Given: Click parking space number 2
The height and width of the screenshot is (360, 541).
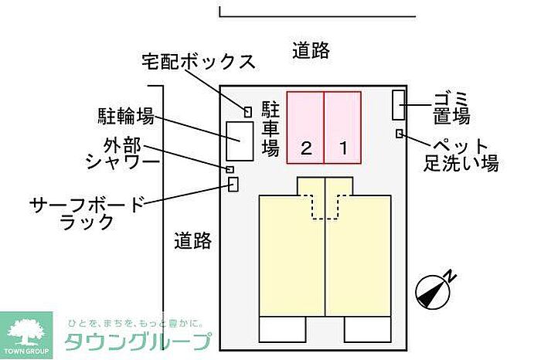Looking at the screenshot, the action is coord(306,127).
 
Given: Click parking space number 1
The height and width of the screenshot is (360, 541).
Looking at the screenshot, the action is coord(342,127).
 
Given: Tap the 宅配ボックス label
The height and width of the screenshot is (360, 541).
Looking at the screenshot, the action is coord(199,62).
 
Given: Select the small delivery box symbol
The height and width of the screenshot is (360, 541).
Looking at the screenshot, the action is coord(248,112).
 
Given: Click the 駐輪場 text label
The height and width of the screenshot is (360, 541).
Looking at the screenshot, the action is coord(126,116).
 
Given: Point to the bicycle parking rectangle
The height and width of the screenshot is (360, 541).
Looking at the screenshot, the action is coord(240,141).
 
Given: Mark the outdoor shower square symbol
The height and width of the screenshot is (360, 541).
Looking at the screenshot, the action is coord(230,169).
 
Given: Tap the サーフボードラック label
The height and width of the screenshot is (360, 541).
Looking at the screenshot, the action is coord(87,213).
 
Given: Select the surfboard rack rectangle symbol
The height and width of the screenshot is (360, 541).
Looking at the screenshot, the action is coord(233,184).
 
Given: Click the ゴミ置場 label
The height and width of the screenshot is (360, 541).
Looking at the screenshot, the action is coord(451,107).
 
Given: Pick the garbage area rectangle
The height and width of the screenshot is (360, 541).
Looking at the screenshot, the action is coord(399,105).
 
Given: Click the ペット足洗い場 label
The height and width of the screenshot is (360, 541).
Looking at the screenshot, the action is coord(461,155).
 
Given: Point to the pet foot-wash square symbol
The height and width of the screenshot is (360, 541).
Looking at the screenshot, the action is coord(400,134).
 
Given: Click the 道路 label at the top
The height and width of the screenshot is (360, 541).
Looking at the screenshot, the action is coord(311,50).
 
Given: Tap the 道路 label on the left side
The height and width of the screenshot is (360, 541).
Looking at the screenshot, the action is coord(192,240).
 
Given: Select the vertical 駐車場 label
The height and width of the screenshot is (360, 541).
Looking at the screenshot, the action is coord(270,128).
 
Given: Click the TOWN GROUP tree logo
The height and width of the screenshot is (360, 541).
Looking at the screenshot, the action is coord(26,335).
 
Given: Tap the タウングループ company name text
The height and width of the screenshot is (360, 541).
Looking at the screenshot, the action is coord(138,341).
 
